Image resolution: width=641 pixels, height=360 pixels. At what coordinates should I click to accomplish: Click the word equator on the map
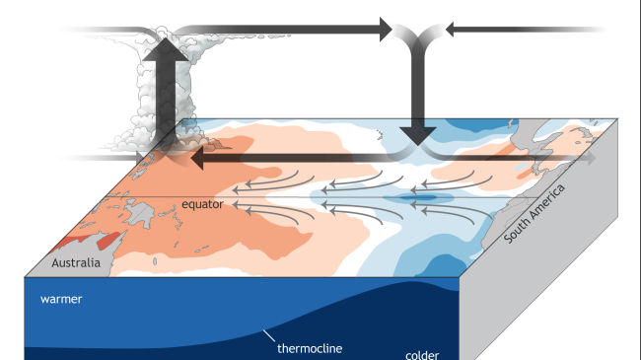coord(203,204)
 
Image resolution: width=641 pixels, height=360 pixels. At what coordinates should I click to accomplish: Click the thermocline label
coord(306,347)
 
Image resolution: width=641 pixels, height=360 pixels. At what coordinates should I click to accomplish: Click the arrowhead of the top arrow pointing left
coord(453,31)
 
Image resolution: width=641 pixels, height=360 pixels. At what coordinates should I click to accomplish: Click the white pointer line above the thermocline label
coord(268,335)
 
